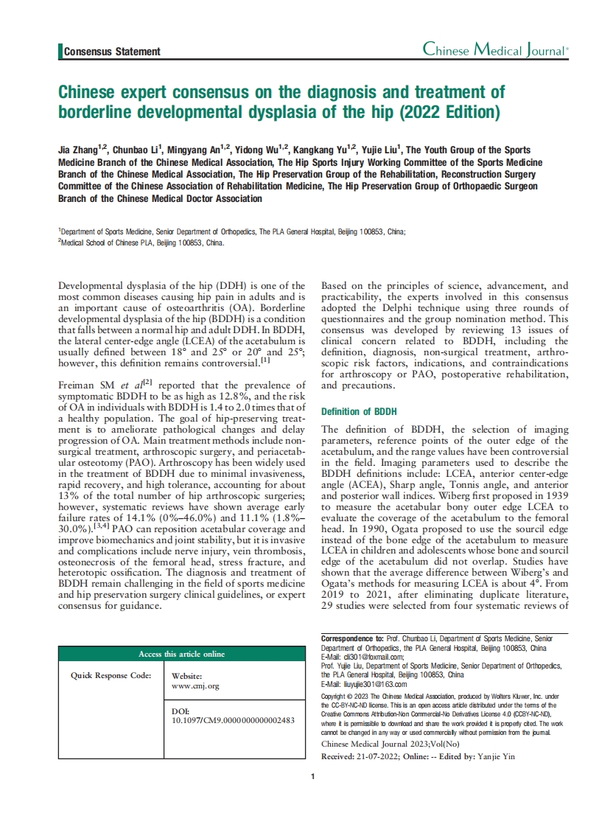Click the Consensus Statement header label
coord(112,52)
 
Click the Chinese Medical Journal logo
coord(495,50)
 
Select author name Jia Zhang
coord(79,150)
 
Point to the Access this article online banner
coord(182,654)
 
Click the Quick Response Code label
coord(111,674)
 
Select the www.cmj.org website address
coord(195,685)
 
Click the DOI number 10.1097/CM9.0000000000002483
coord(233,720)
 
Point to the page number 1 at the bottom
coord(313,776)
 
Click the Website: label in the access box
coord(186,676)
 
